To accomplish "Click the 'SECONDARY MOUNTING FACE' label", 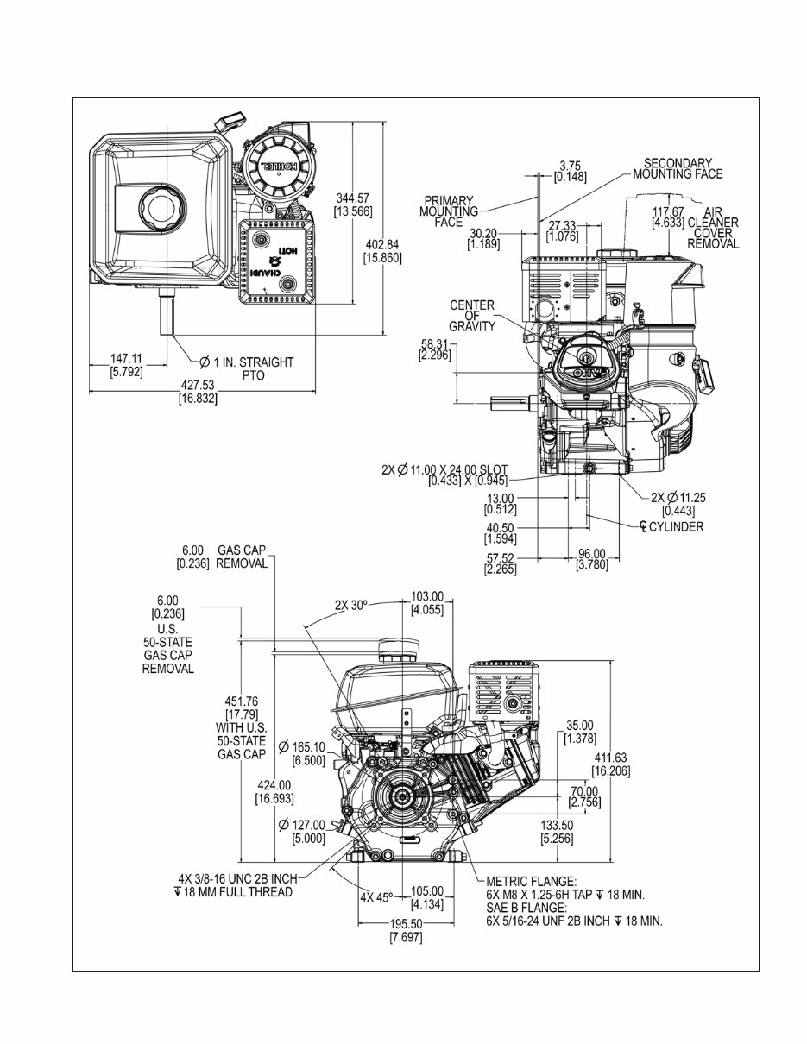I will pyautogui.click(x=678, y=168).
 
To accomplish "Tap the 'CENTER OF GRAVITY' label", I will pyautogui.click(x=472, y=316).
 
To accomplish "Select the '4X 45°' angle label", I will pyautogui.click(x=376, y=896).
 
